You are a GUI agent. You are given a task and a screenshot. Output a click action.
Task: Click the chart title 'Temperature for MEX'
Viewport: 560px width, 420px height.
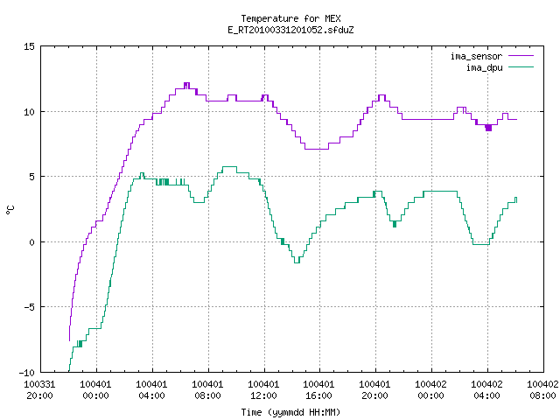tap(290, 18)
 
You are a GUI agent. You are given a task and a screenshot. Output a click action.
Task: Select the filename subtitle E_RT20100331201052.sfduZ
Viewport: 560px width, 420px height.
tap(290, 30)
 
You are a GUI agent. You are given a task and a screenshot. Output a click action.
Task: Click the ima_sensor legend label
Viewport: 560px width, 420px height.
tap(476, 56)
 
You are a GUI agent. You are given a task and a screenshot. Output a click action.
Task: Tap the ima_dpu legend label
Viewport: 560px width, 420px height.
tap(484, 67)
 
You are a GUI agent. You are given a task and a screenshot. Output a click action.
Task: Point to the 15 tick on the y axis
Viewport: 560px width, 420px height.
tap(29, 46)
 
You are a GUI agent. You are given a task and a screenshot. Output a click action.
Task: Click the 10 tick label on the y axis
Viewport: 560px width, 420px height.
tap(29, 112)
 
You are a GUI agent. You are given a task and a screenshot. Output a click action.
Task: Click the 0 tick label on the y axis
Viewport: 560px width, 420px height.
tap(32, 242)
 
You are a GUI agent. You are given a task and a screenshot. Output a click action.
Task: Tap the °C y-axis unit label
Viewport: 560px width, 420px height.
tap(10, 210)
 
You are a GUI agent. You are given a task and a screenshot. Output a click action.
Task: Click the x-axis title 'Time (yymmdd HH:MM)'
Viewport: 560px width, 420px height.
tap(290, 412)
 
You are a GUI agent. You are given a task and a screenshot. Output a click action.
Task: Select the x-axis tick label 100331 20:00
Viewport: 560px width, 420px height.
tap(40, 390)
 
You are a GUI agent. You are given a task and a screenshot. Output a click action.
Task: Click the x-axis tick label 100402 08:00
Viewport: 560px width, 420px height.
tap(542, 390)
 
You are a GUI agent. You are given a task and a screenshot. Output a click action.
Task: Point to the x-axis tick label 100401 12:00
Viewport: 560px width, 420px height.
tap(263, 390)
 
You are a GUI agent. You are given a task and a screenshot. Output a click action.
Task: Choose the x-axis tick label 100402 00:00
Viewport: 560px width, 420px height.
tap(430, 390)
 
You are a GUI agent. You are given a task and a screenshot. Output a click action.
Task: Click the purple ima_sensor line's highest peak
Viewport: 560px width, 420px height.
tap(186, 83)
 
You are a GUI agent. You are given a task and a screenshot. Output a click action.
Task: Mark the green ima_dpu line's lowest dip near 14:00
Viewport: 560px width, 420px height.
tap(297, 262)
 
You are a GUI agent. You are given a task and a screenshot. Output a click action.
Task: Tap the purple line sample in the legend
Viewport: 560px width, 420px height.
tap(521, 56)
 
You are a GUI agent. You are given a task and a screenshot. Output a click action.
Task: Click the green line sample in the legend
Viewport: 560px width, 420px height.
tap(521, 67)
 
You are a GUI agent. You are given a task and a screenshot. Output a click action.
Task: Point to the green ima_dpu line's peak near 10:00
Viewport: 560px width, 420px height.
tap(229, 167)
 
